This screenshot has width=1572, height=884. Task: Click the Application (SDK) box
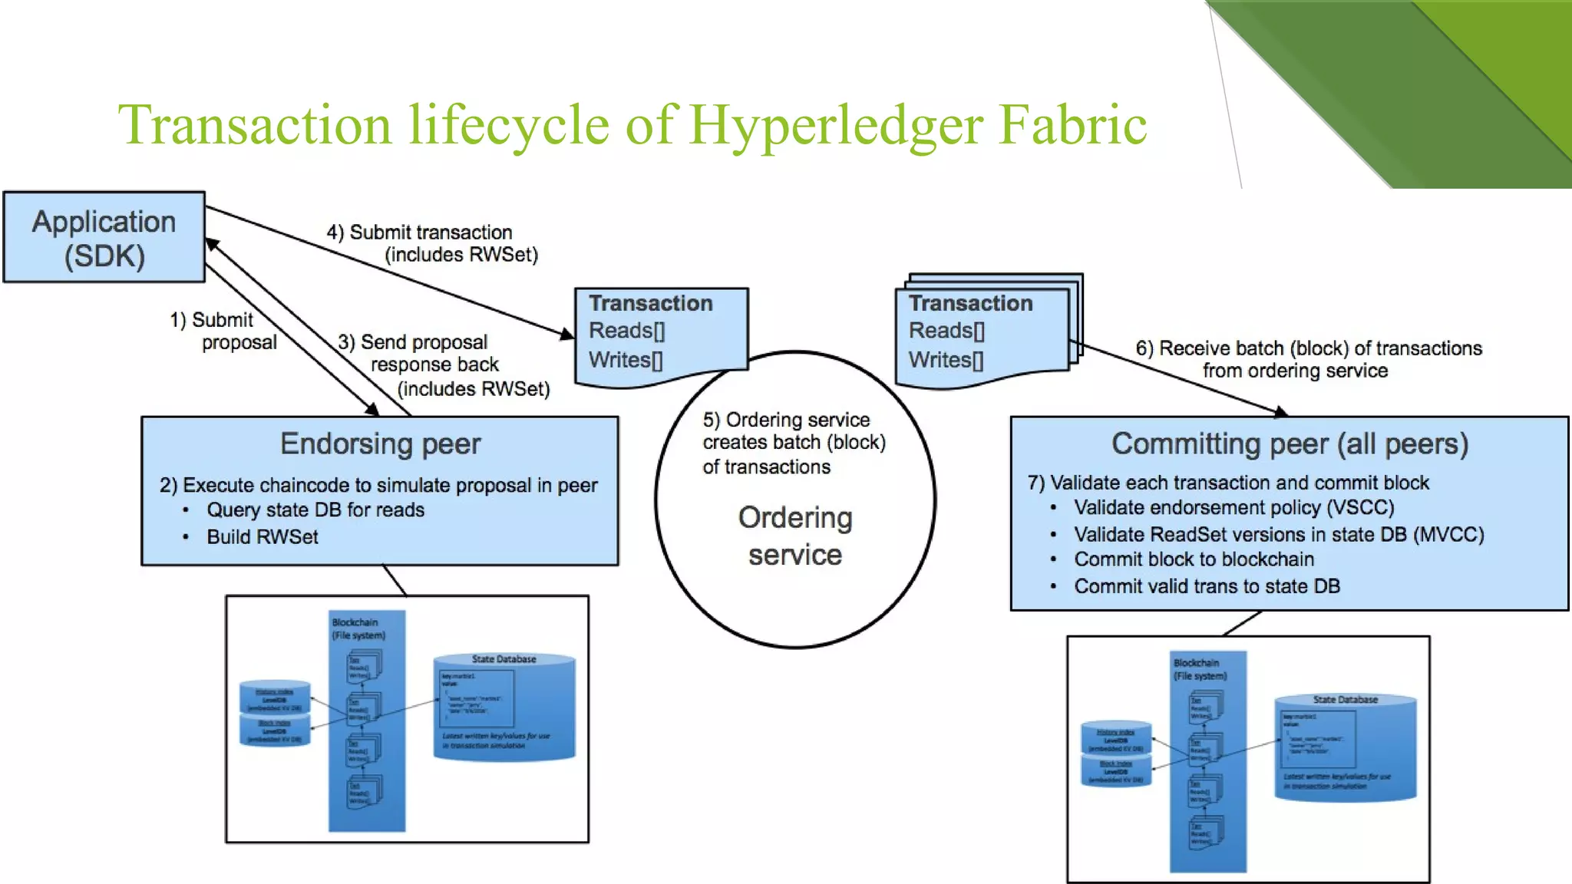pyautogui.click(x=104, y=237)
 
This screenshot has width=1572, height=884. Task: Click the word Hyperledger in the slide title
pyautogui.click(x=835, y=125)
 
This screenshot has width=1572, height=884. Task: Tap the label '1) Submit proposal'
pyautogui.click(x=223, y=331)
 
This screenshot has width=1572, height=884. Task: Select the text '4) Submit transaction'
pyautogui.click(x=419, y=233)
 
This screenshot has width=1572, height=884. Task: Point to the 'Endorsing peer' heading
pyautogui.click(x=380, y=444)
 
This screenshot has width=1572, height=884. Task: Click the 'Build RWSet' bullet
pyautogui.click(x=262, y=537)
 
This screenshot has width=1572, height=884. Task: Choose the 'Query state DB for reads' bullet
pyautogui.click(x=315, y=510)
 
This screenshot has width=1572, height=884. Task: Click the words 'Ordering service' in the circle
pyautogui.click(x=795, y=536)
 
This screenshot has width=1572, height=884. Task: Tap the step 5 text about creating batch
pyautogui.click(x=793, y=443)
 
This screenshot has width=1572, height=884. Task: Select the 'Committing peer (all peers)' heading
pyautogui.click(x=1290, y=444)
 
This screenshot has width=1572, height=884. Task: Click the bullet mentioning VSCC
pyautogui.click(x=1233, y=508)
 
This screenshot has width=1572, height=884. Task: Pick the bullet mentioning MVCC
pyautogui.click(x=1278, y=535)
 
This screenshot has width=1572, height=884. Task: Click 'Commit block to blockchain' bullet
pyautogui.click(x=1194, y=559)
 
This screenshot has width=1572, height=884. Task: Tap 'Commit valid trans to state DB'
pyautogui.click(x=1207, y=586)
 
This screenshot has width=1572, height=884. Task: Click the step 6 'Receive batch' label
pyautogui.click(x=1308, y=359)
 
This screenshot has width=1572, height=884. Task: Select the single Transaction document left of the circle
pyautogui.click(x=660, y=335)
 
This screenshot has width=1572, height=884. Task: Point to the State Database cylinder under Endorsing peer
pyautogui.click(x=504, y=707)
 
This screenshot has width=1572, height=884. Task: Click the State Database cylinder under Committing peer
pyautogui.click(x=1345, y=747)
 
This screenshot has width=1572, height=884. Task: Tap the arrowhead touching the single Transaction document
pyautogui.click(x=566, y=334)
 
